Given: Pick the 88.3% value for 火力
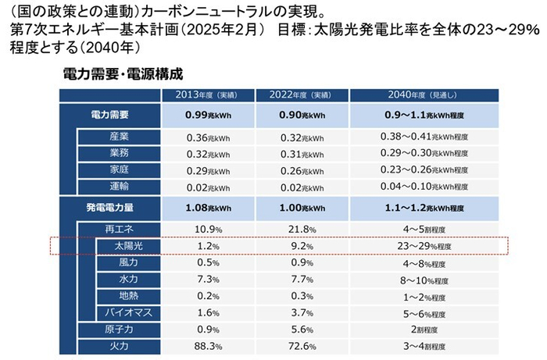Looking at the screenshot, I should coord(206,345).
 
